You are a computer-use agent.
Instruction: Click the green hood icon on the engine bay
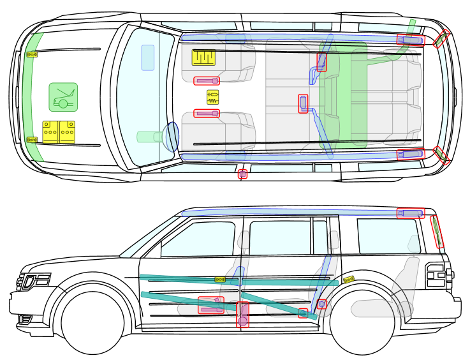(63, 97)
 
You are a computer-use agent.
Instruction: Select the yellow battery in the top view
(59, 131)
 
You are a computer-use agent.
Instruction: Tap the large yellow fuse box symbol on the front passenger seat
(203, 57)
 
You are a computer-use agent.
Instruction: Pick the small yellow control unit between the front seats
(212, 97)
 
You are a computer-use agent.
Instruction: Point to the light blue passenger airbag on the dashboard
(148, 57)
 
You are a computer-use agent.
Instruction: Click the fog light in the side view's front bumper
(25, 319)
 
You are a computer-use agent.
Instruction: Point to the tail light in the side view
(436, 275)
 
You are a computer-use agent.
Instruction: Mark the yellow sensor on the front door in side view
(220, 280)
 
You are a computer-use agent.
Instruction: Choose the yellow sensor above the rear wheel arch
(348, 280)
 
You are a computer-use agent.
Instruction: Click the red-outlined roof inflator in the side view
(410, 213)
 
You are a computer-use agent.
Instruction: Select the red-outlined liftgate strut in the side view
(437, 232)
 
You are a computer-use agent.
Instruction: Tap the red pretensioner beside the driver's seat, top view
(207, 114)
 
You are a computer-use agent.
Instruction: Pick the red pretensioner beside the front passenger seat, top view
(207, 81)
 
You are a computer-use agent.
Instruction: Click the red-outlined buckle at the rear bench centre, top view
(303, 103)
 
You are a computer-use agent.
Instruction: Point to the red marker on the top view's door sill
(242, 174)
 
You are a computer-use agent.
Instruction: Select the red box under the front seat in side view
(211, 305)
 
